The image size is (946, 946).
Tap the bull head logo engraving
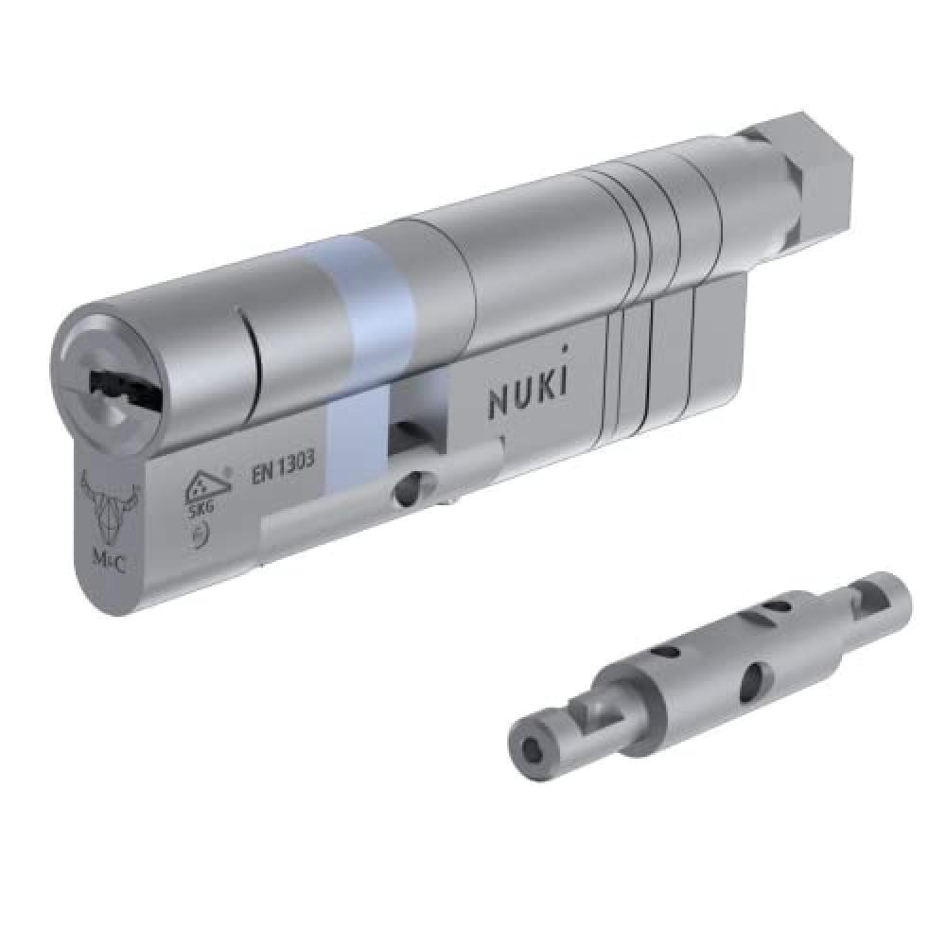pos(110,501)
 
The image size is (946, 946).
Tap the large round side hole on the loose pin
pos(753,681)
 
